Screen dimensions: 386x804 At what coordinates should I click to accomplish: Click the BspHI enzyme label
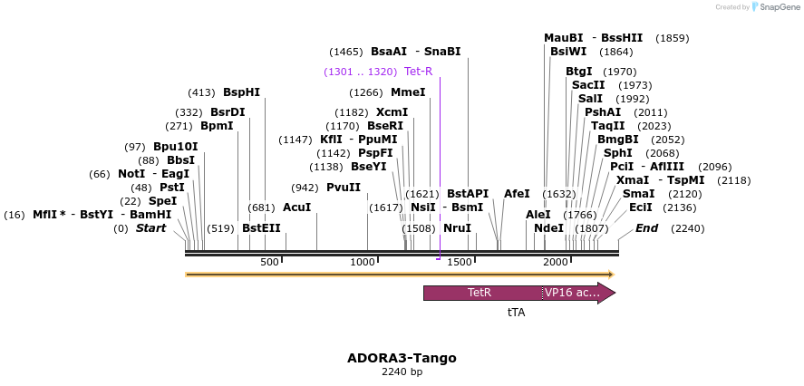(x=241, y=92)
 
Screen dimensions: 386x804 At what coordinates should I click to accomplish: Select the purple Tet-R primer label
(x=419, y=72)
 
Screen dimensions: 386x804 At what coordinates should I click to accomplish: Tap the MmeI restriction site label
(x=408, y=92)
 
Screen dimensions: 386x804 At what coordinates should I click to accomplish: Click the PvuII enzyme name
(x=344, y=188)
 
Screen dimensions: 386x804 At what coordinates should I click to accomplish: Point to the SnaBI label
(x=442, y=52)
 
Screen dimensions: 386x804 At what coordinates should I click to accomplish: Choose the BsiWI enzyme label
(x=568, y=52)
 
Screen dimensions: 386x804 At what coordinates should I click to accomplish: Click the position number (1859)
(x=672, y=38)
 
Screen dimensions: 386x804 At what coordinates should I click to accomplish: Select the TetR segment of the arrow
(x=479, y=293)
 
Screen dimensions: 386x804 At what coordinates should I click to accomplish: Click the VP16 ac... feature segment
(x=572, y=293)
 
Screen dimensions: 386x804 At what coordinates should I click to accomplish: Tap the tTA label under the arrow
(x=516, y=312)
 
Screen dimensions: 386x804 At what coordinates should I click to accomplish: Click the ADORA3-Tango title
(x=402, y=358)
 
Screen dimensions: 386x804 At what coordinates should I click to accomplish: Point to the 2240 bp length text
(x=402, y=372)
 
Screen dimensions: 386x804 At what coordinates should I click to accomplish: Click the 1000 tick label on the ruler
(x=363, y=262)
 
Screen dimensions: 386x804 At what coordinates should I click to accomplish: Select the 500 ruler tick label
(x=269, y=262)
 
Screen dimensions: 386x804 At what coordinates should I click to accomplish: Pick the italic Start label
(x=150, y=228)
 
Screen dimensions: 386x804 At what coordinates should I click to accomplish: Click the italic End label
(x=646, y=228)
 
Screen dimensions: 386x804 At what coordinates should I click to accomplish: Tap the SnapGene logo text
(x=777, y=7)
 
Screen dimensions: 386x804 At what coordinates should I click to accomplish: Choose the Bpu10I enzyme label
(x=175, y=147)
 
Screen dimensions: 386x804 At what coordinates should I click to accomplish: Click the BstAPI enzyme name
(x=468, y=194)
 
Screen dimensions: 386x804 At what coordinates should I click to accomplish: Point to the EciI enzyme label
(x=641, y=207)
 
